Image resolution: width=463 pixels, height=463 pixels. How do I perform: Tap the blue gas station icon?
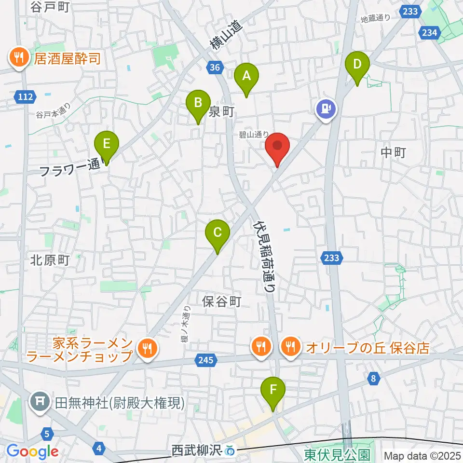pos(326,108)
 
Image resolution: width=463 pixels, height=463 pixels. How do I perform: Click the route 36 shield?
pos(216,68)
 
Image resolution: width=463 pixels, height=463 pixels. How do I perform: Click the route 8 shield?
pos(373,379)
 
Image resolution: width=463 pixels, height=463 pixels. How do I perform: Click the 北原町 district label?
pos(50,260)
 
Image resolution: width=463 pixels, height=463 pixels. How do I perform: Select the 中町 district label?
pos(394,153)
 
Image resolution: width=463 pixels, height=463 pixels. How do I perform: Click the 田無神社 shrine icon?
pos(38,401)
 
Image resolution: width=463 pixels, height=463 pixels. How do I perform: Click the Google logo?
pos(32,451)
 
